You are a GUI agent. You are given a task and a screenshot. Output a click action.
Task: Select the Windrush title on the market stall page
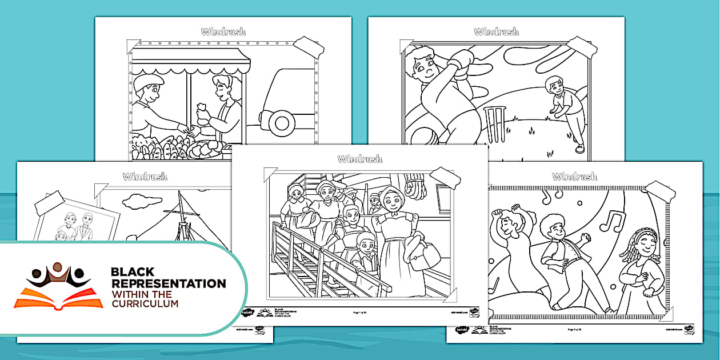223,31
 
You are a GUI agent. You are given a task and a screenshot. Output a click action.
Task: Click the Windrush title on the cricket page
495,31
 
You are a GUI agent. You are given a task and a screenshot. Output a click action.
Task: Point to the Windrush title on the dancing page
574,176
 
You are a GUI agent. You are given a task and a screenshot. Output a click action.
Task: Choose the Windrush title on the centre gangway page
359,159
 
